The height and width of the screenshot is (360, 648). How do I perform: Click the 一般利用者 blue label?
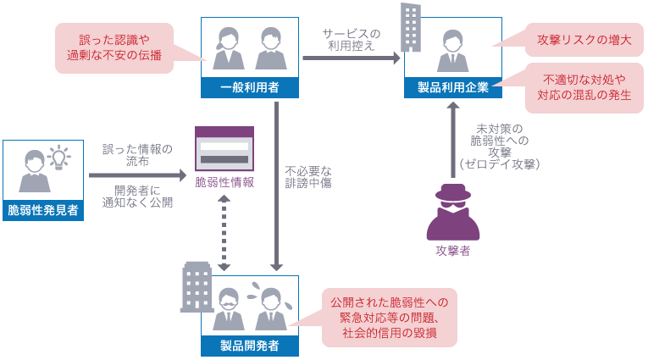click(x=250, y=86)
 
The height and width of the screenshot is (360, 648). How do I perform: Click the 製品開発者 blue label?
click(x=250, y=346)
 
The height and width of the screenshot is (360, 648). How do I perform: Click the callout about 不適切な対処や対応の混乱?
click(x=584, y=88)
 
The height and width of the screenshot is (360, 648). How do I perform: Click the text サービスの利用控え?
click(x=351, y=40)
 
